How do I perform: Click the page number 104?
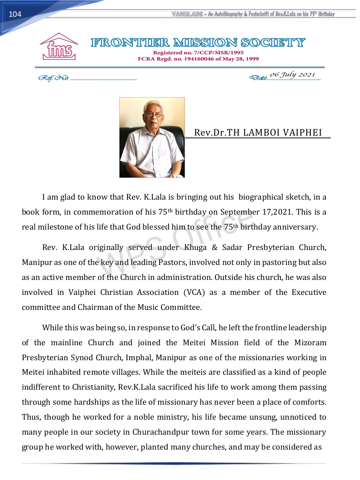pyautogui.click(x=15, y=15)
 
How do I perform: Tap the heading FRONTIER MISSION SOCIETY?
pyautogui.click(x=198, y=44)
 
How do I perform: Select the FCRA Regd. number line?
pyautogui.click(x=199, y=59)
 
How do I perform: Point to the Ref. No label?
pyautogui.click(x=54, y=78)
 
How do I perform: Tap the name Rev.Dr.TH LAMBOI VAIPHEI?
pyautogui.click(x=258, y=132)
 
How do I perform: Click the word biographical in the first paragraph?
pyautogui.click(x=261, y=197)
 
